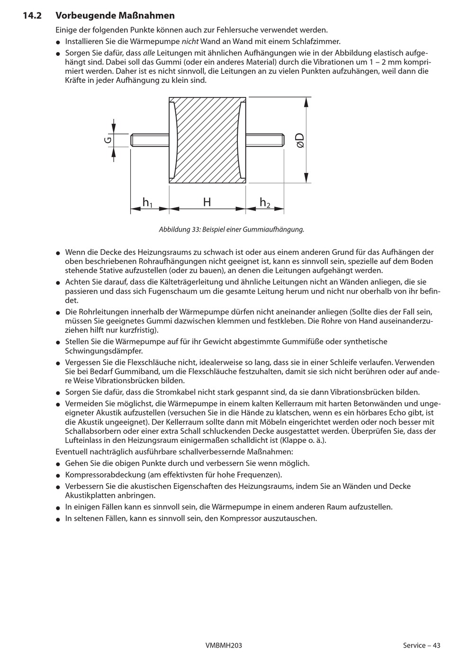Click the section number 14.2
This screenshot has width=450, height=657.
32,16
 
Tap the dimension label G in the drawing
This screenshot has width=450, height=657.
108,140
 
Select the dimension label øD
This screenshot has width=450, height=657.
300,140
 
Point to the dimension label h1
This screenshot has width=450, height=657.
147,203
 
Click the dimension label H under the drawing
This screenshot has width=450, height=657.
207,202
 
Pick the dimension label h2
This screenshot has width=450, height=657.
265,203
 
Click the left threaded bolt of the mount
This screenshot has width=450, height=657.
149,140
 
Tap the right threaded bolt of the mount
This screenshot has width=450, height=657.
265,140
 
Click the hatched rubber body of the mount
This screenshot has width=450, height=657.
207,140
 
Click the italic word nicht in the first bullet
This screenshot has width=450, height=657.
190,41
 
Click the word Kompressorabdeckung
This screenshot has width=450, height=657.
100,475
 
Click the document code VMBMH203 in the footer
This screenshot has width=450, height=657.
224,645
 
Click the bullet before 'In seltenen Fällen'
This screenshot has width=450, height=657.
58,519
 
